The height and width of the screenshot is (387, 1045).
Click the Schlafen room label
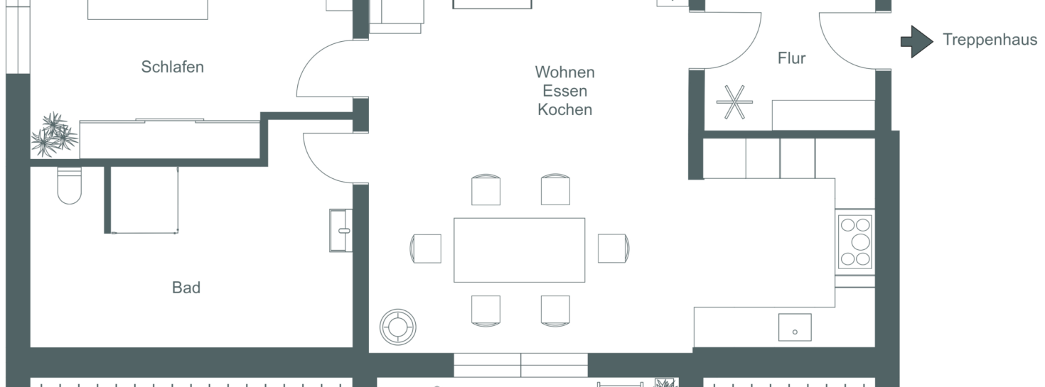click(173, 67)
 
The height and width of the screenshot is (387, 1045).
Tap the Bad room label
click(186, 288)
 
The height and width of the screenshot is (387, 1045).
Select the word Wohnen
click(564, 72)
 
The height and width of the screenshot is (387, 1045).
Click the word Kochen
click(564, 109)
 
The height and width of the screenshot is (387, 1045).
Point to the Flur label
click(792, 58)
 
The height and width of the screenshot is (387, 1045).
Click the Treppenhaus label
click(990, 40)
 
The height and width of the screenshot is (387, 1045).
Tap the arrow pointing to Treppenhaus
click(917, 41)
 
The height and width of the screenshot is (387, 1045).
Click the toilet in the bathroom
click(70, 185)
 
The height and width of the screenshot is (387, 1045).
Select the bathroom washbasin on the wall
click(341, 230)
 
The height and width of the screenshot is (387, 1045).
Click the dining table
click(519, 250)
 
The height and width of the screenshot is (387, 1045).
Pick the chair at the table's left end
click(425, 249)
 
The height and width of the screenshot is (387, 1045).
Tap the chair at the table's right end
click(613, 248)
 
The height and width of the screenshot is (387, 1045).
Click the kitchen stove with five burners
click(855, 241)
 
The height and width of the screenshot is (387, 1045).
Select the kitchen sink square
click(795, 327)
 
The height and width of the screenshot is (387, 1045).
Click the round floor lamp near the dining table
click(398, 327)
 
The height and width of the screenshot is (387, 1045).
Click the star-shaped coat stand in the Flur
click(734, 102)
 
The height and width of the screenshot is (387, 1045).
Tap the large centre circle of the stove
click(861, 242)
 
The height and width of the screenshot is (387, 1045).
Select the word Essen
click(564, 91)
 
